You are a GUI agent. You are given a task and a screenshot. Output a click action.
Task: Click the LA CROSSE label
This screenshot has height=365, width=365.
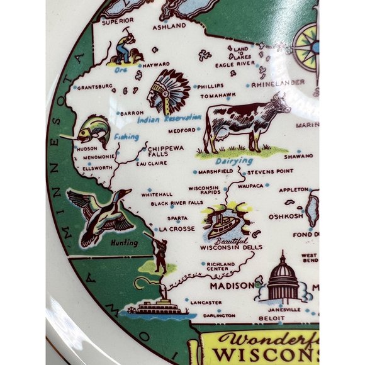[177, 229]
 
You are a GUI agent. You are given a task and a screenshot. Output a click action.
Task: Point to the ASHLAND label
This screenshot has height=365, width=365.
[169, 26]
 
